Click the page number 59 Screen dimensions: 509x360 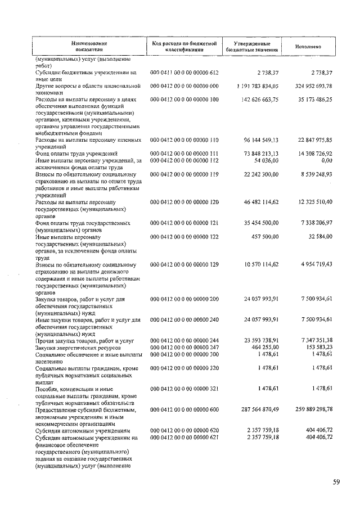tap(336, 482)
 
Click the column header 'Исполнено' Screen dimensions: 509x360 tap(308, 47)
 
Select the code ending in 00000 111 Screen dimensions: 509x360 tap(184, 153)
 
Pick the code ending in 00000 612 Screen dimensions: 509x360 tap(184, 73)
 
